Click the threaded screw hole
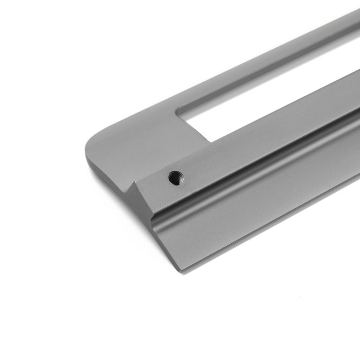coord(175,178)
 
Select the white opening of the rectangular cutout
coord(267,98)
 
